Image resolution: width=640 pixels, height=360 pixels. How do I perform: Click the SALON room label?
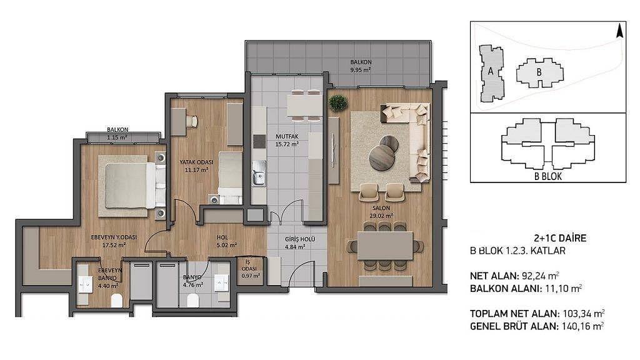pos(381,208)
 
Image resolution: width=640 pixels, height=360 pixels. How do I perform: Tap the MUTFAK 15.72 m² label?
pos(287,140)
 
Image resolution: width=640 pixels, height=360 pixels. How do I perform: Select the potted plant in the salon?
pos(337,103)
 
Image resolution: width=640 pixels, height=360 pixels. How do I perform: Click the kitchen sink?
pos(259,174)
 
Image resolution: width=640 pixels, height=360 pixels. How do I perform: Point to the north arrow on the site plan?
pos(619,31)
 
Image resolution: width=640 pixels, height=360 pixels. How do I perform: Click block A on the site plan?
pos(491,74)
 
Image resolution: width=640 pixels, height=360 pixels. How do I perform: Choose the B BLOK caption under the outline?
pos(547,177)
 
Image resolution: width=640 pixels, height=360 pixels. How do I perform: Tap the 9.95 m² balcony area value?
pos(361,70)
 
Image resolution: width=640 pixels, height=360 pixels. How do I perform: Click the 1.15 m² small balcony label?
pos(117,137)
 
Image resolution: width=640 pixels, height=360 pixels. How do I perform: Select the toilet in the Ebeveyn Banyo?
pos(117,301)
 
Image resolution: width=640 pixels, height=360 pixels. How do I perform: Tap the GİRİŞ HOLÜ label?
pos(300,239)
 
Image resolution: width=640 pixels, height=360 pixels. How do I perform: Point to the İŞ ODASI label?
pos(249,266)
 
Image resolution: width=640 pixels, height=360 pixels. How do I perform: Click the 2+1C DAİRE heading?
pos(560,238)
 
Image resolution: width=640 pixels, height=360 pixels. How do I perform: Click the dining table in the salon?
pos(385,246)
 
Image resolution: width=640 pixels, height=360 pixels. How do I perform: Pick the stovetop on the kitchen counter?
pos(259,141)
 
